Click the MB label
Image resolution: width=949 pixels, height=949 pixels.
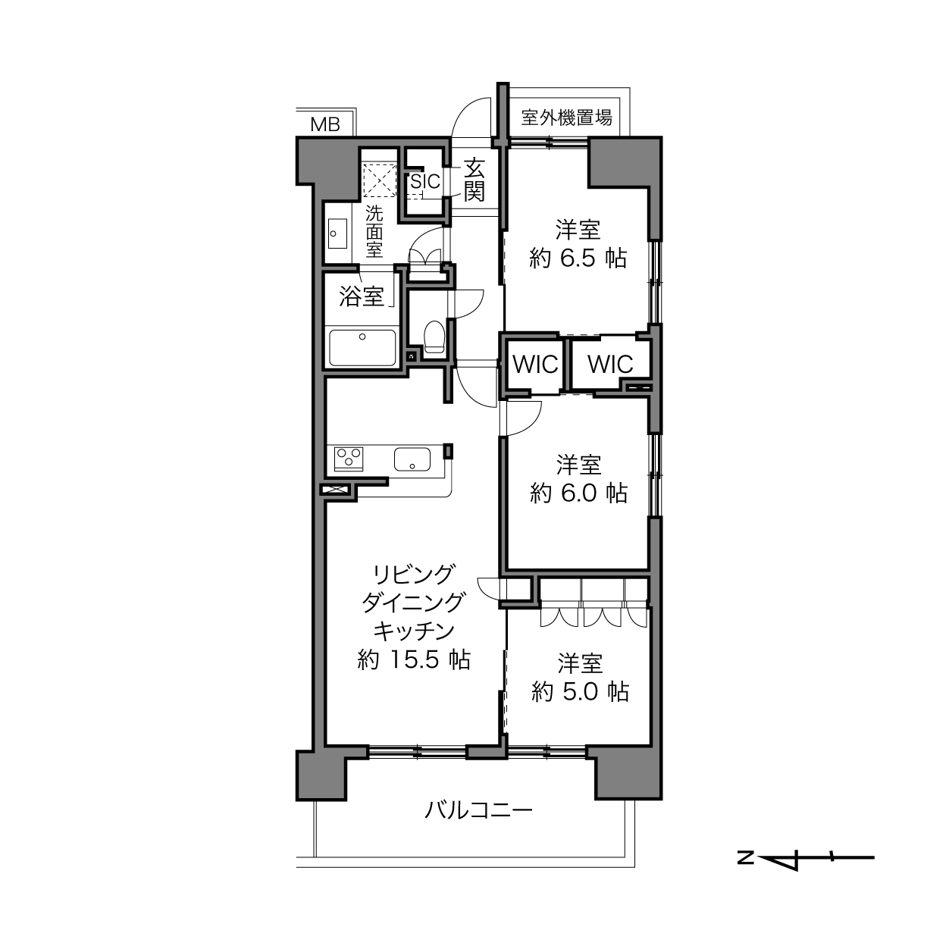(x=325, y=124)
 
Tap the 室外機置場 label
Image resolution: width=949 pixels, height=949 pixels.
(x=567, y=117)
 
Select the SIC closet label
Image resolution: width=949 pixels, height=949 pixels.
(x=425, y=182)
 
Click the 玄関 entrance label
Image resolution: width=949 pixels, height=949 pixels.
(x=475, y=180)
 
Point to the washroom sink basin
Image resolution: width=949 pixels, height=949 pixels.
(x=338, y=234)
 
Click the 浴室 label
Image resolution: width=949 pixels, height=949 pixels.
(x=362, y=296)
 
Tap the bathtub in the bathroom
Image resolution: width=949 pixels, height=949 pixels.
(x=362, y=348)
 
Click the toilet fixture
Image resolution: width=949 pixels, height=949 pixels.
(x=434, y=337)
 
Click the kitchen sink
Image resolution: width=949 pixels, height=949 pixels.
(x=412, y=459)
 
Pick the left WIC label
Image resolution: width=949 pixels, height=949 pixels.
(x=535, y=365)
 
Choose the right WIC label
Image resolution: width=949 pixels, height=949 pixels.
(x=610, y=365)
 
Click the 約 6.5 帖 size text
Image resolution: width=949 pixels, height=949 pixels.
(x=578, y=258)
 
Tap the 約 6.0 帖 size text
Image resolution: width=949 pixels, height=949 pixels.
(x=578, y=493)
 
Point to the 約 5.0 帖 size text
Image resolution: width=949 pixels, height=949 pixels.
(x=580, y=692)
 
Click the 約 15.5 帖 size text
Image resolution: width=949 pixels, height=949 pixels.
(x=414, y=660)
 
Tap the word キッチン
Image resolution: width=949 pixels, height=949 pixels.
(x=414, y=631)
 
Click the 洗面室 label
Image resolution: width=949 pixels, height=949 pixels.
(x=374, y=231)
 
